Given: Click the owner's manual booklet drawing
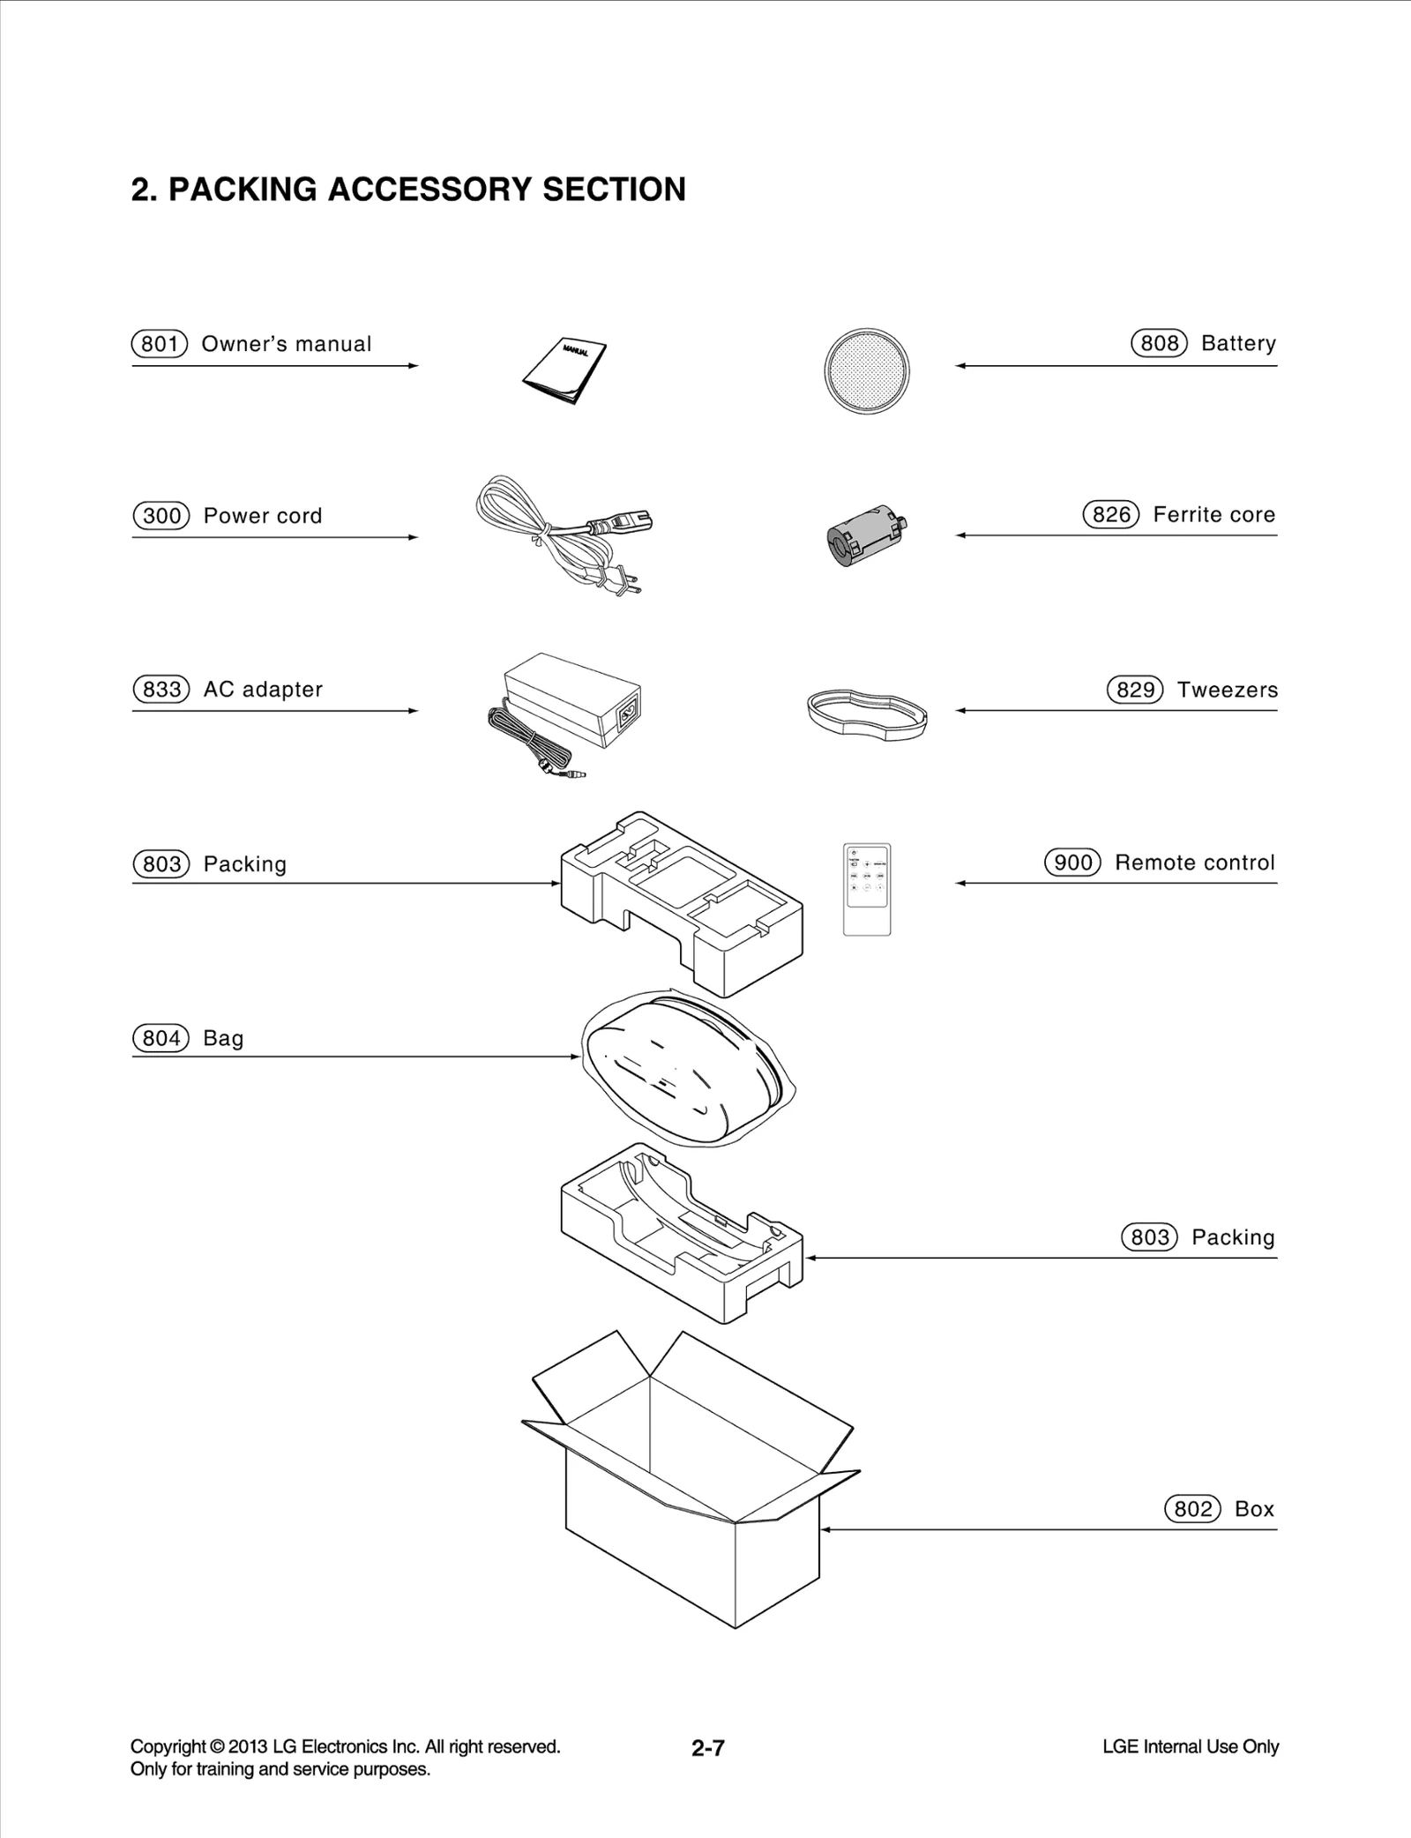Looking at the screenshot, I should [x=564, y=370].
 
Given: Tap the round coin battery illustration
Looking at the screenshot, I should [x=867, y=370].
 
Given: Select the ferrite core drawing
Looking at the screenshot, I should [x=864, y=536].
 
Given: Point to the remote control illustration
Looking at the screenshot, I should [x=867, y=889].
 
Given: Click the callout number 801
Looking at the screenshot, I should [x=160, y=344].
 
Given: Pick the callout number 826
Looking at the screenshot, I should [x=1110, y=514].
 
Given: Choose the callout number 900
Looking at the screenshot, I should [x=1072, y=863].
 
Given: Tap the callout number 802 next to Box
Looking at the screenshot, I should [x=1192, y=1509].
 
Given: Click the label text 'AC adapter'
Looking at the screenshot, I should [x=263, y=690].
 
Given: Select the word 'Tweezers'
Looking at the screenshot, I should [x=1227, y=690].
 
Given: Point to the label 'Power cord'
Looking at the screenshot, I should [x=263, y=516].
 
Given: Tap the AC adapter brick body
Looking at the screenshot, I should [x=573, y=697].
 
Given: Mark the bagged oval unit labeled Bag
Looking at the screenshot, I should [x=683, y=1067].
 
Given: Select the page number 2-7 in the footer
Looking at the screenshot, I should [x=707, y=1748].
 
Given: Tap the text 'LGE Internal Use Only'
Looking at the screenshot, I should [x=1190, y=1746].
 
